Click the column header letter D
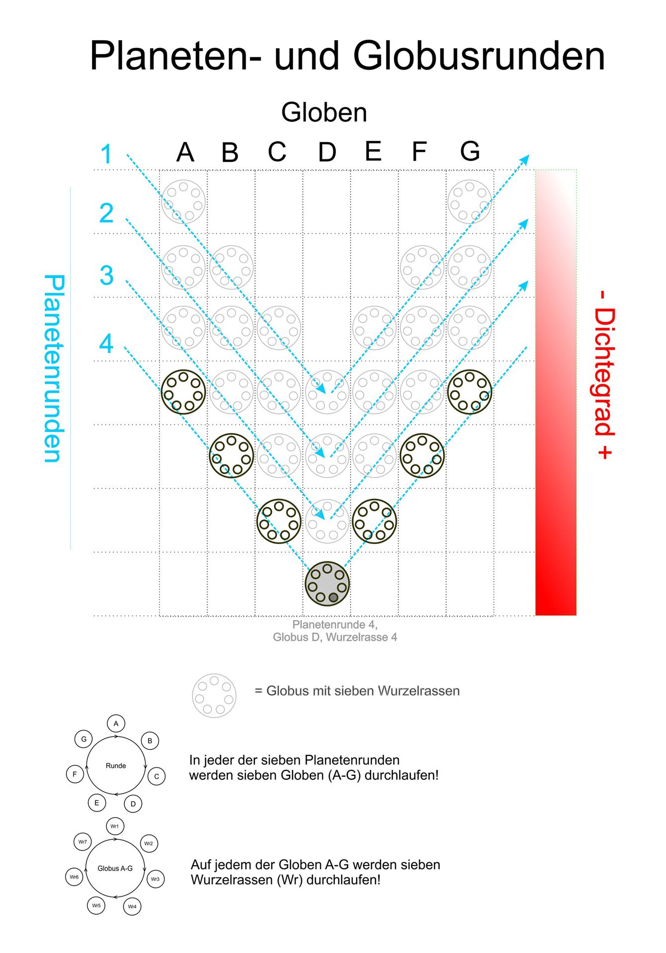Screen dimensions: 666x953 (327, 152)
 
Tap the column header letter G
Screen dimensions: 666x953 (470, 151)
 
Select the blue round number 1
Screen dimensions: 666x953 (107, 154)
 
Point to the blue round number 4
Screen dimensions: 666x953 (106, 343)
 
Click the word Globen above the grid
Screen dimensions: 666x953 (324, 113)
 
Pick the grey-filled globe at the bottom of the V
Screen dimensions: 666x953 (327, 584)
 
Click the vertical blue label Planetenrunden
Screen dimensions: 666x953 (55, 368)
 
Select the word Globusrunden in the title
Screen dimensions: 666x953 (479, 56)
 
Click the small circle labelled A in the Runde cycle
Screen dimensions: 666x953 (116, 724)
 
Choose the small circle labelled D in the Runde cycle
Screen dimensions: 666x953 (133, 804)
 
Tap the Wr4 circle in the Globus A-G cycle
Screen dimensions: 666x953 (132, 906)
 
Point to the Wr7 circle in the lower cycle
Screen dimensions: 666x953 (83, 842)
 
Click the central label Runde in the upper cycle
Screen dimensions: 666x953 (116, 765)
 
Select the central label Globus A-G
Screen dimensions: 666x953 (115, 868)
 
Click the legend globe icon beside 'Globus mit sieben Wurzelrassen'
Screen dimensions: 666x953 (214, 695)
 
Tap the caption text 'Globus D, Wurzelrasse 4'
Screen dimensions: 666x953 (335, 637)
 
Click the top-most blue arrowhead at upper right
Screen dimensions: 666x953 (525, 159)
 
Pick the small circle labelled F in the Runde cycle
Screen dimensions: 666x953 (75, 774)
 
